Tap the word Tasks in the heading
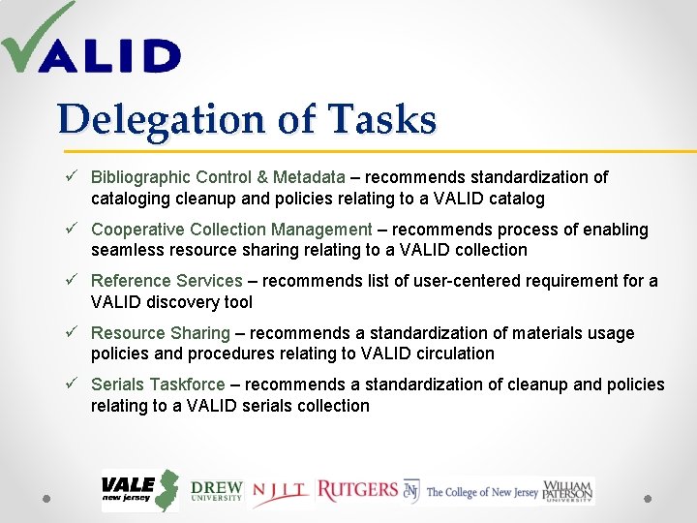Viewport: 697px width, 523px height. point(382,120)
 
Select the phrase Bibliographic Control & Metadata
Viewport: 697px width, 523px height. point(218,177)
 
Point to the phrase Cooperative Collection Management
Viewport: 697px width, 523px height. point(231,230)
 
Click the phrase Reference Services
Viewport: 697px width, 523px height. point(167,281)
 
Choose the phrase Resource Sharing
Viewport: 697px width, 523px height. point(161,333)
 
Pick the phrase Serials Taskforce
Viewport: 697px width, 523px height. point(158,385)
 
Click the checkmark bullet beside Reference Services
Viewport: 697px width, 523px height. point(72,281)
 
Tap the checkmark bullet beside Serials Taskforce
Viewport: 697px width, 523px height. point(72,385)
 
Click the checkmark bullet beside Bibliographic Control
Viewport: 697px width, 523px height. point(72,177)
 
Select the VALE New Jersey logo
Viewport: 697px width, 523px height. point(140,491)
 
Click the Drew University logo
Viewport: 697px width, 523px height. point(216,492)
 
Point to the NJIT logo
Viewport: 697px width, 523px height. point(281,493)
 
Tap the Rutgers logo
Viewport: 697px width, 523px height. point(357,491)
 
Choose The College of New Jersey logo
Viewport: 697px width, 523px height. point(471,492)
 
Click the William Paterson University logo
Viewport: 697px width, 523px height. point(568,491)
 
